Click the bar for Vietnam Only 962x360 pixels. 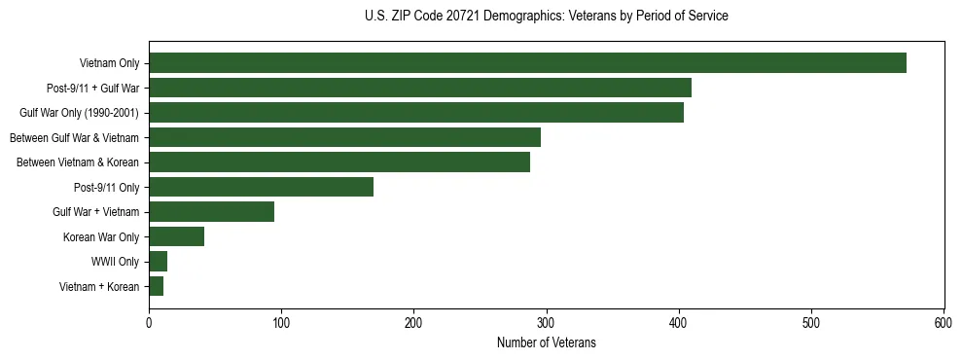tap(527, 63)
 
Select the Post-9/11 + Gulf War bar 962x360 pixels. tap(419, 88)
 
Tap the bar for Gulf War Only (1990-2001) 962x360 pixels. tap(416, 113)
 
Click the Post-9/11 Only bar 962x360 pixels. tap(261, 187)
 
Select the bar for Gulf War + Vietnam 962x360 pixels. tap(211, 212)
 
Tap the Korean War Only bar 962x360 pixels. tap(176, 236)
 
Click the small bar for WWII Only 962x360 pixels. tap(158, 261)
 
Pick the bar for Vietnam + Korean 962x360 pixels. tap(156, 286)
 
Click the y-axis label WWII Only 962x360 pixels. tap(115, 262)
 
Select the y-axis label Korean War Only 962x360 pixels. tap(101, 236)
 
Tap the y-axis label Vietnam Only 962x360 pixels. tap(109, 63)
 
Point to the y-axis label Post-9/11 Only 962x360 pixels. tap(105, 187)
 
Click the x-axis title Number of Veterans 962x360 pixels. tap(546, 342)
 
